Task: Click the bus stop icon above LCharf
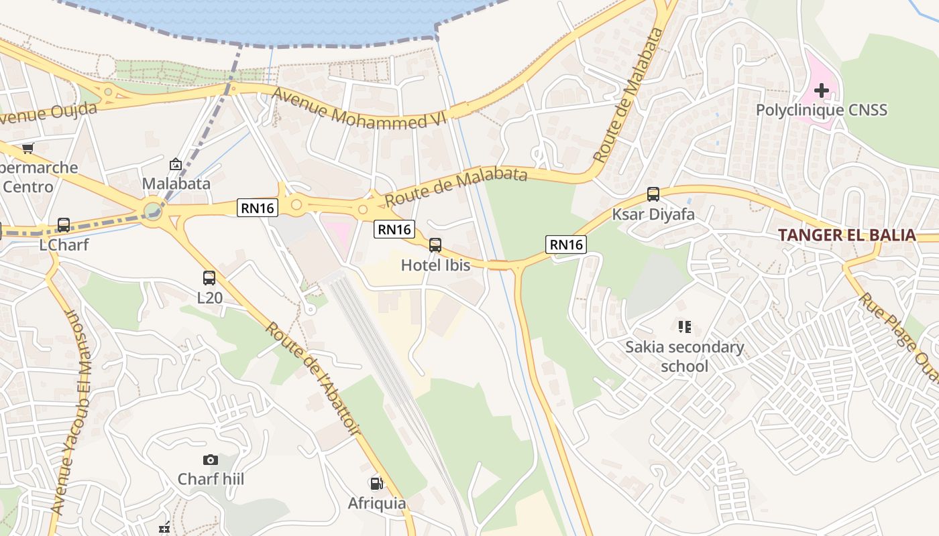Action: click(x=64, y=225)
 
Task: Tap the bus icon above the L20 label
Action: click(x=209, y=278)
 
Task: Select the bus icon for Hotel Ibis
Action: click(x=435, y=245)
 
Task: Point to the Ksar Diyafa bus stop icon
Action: click(x=653, y=194)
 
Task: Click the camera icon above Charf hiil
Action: click(x=211, y=460)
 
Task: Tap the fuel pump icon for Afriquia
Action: click(x=376, y=483)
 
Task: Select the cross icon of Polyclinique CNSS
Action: click(x=822, y=90)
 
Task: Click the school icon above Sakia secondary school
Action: click(x=684, y=327)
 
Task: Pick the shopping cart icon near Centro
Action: click(x=27, y=148)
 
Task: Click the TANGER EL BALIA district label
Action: click(x=846, y=235)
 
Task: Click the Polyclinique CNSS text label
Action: click(x=822, y=110)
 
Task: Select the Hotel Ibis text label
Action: click(x=435, y=265)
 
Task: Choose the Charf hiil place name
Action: click(x=211, y=479)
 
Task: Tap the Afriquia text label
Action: click(x=376, y=503)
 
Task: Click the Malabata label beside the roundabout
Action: click(x=176, y=184)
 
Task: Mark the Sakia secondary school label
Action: click(x=684, y=356)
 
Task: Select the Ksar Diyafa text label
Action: click(x=653, y=214)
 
